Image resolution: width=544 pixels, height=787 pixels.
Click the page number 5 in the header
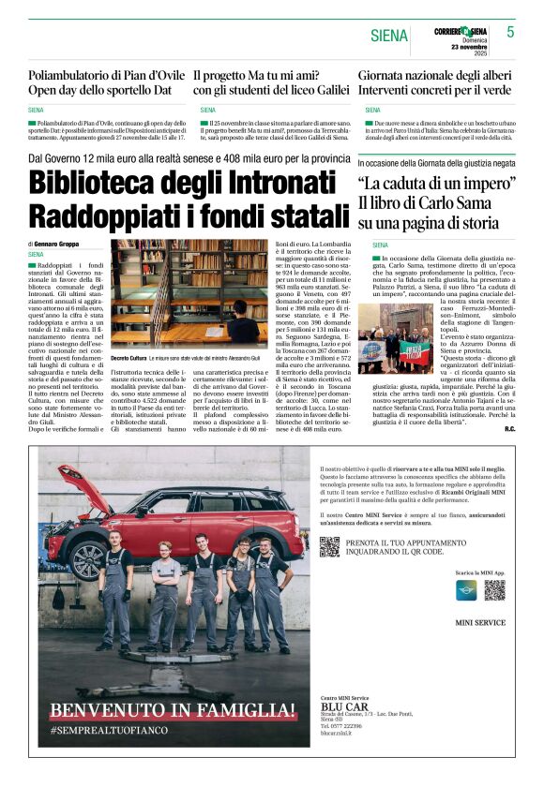click(x=511, y=31)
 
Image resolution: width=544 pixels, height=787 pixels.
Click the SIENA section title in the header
click(x=389, y=36)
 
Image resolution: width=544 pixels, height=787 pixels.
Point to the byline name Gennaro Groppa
click(x=59, y=244)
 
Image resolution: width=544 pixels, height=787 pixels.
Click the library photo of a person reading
click(x=190, y=293)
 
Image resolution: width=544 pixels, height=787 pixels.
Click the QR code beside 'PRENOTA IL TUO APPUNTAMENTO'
click(x=328, y=547)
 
